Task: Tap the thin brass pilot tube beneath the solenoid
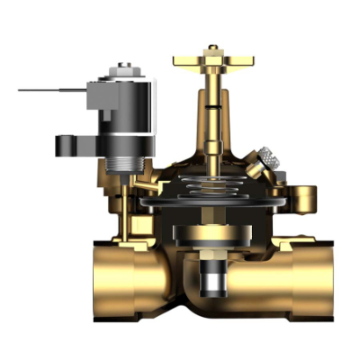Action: (134, 193)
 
